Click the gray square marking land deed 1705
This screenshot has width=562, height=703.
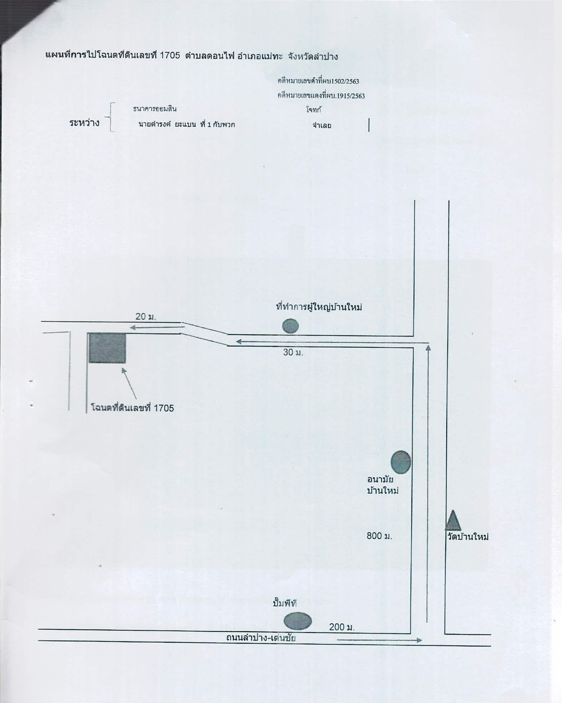[x=107, y=348]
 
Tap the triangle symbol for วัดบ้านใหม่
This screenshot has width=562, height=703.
[x=453, y=521]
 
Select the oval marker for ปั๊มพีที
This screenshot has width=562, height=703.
[x=298, y=621]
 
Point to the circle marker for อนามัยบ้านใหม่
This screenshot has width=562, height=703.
[x=401, y=462]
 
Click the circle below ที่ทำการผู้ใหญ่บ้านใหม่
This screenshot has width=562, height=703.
[x=290, y=326]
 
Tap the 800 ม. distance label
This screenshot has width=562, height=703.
[x=379, y=536]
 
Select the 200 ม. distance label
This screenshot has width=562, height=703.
[x=342, y=627]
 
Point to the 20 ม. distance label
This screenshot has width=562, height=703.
[x=146, y=316]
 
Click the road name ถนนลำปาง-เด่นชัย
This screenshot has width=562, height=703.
[x=261, y=638]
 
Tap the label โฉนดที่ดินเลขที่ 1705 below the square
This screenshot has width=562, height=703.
[x=133, y=408]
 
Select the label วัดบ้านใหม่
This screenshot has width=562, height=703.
[x=468, y=537]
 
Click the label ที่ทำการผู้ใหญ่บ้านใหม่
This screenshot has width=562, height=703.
[x=319, y=307]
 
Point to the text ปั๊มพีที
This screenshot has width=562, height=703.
[x=285, y=603]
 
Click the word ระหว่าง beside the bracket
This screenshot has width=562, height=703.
[x=84, y=123]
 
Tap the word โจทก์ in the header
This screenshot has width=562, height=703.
[x=314, y=110]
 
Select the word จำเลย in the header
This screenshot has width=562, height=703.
[x=322, y=125]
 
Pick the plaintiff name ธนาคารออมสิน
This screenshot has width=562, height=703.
[x=155, y=109]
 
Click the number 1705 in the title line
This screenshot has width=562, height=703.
[x=170, y=55]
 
